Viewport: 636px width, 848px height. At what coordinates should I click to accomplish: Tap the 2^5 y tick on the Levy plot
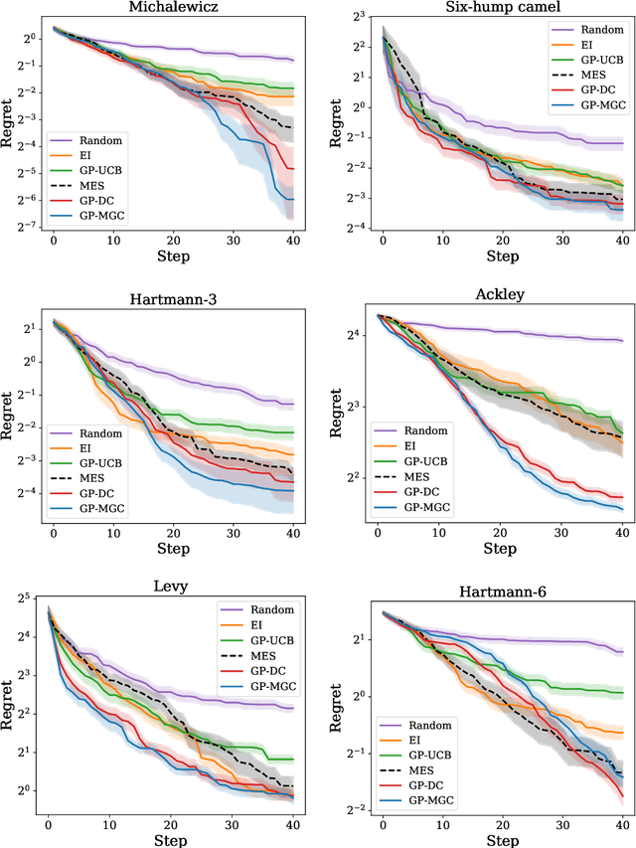click(x=26, y=597)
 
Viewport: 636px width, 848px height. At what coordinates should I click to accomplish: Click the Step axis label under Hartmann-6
click(x=502, y=840)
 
